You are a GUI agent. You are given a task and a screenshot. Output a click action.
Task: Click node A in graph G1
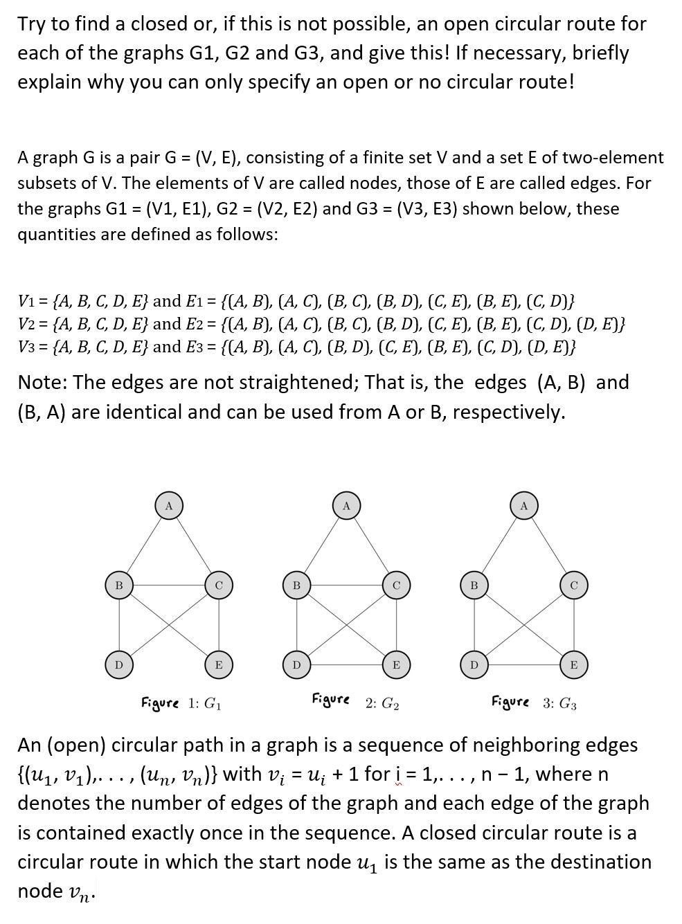coord(168,505)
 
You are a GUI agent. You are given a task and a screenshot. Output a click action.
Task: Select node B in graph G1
coord(118,586)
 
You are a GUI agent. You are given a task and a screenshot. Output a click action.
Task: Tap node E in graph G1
coord(219,665)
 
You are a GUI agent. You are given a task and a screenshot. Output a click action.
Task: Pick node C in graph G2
coord(396,586)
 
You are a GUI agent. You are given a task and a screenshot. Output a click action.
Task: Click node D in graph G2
coord(296,665)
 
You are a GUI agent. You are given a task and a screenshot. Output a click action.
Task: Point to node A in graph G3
coord(524,505)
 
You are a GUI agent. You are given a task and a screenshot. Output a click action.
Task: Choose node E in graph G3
coord(573,665)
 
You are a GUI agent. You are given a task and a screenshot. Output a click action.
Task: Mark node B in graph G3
coord(474,586)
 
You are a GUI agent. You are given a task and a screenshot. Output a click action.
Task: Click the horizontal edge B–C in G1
coord(168,586)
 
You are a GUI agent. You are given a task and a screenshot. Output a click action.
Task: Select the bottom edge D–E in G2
coord(346,665)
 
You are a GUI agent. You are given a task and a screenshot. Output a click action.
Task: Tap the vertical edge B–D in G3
coord(474,625)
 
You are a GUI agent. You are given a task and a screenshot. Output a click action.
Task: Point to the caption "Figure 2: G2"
coord(355,703)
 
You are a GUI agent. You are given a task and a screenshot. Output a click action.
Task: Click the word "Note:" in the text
coord(42,382)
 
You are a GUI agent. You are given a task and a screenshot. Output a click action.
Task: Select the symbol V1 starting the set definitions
coord(26,302)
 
